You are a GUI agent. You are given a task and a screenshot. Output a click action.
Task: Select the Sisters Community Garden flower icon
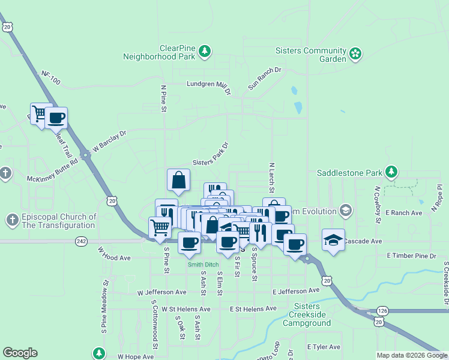point(355,54)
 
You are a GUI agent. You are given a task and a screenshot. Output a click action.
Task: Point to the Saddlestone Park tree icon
point(391,172)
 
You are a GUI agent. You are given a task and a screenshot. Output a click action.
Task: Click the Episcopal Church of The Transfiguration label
point(59,221)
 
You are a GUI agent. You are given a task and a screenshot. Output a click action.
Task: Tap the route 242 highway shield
point(82,241)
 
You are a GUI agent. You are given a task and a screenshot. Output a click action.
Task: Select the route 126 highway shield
point(383,310)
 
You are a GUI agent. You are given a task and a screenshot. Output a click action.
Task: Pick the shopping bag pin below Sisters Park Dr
point(179,179)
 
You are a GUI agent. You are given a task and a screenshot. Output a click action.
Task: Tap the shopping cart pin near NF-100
point(40,113)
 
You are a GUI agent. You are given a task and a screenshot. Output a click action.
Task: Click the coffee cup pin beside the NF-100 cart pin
point(56,118)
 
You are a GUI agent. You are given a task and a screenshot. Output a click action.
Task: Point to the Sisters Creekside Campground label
point(310,319)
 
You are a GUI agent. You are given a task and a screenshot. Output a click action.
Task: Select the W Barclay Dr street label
point(110,142)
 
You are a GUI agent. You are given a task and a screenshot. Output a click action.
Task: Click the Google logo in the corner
point(20,353)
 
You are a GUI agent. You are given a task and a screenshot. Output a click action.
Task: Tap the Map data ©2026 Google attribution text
point(412,355)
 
